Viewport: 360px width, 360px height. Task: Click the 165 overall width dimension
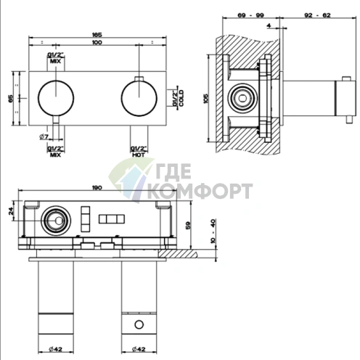click(x=97, y=35)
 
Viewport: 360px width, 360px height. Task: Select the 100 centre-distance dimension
click(x=97, y=42)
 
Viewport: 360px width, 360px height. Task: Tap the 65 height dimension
click(x=11, y=99)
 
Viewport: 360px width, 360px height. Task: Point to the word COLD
click(x=181, y=98)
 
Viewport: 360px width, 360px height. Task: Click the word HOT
click(x=139, y=155)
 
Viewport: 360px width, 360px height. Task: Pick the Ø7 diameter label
click(x=44, y=137)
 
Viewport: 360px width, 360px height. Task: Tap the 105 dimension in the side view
click(x=205, y=99)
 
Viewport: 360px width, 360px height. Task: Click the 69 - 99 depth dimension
click(x=250, y=15)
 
